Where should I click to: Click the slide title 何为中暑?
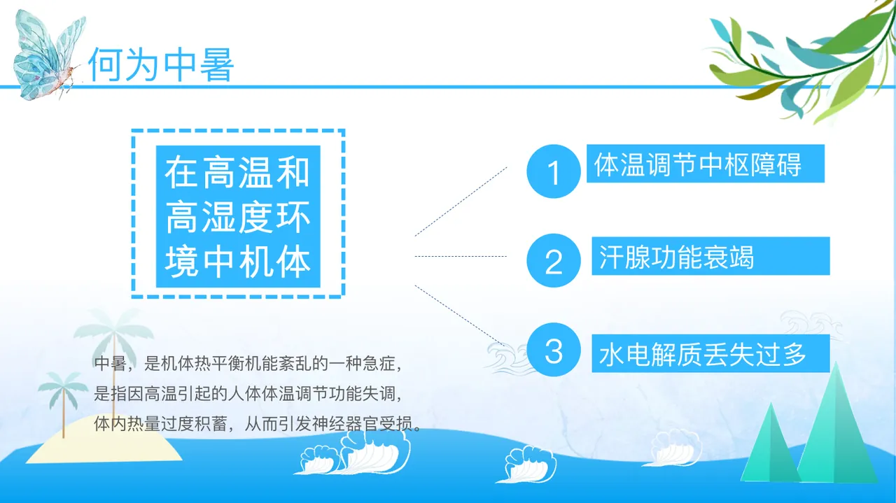(x=160, y=65)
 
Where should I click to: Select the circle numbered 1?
(x=554, y=171)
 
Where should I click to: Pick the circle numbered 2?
(x=554, y=260)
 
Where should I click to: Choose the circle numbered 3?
(x=554, y=350)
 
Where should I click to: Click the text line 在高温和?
(x=237, y=173)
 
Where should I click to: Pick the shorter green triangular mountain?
(x=770, y=448)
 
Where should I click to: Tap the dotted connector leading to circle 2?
(x=461, y=256)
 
